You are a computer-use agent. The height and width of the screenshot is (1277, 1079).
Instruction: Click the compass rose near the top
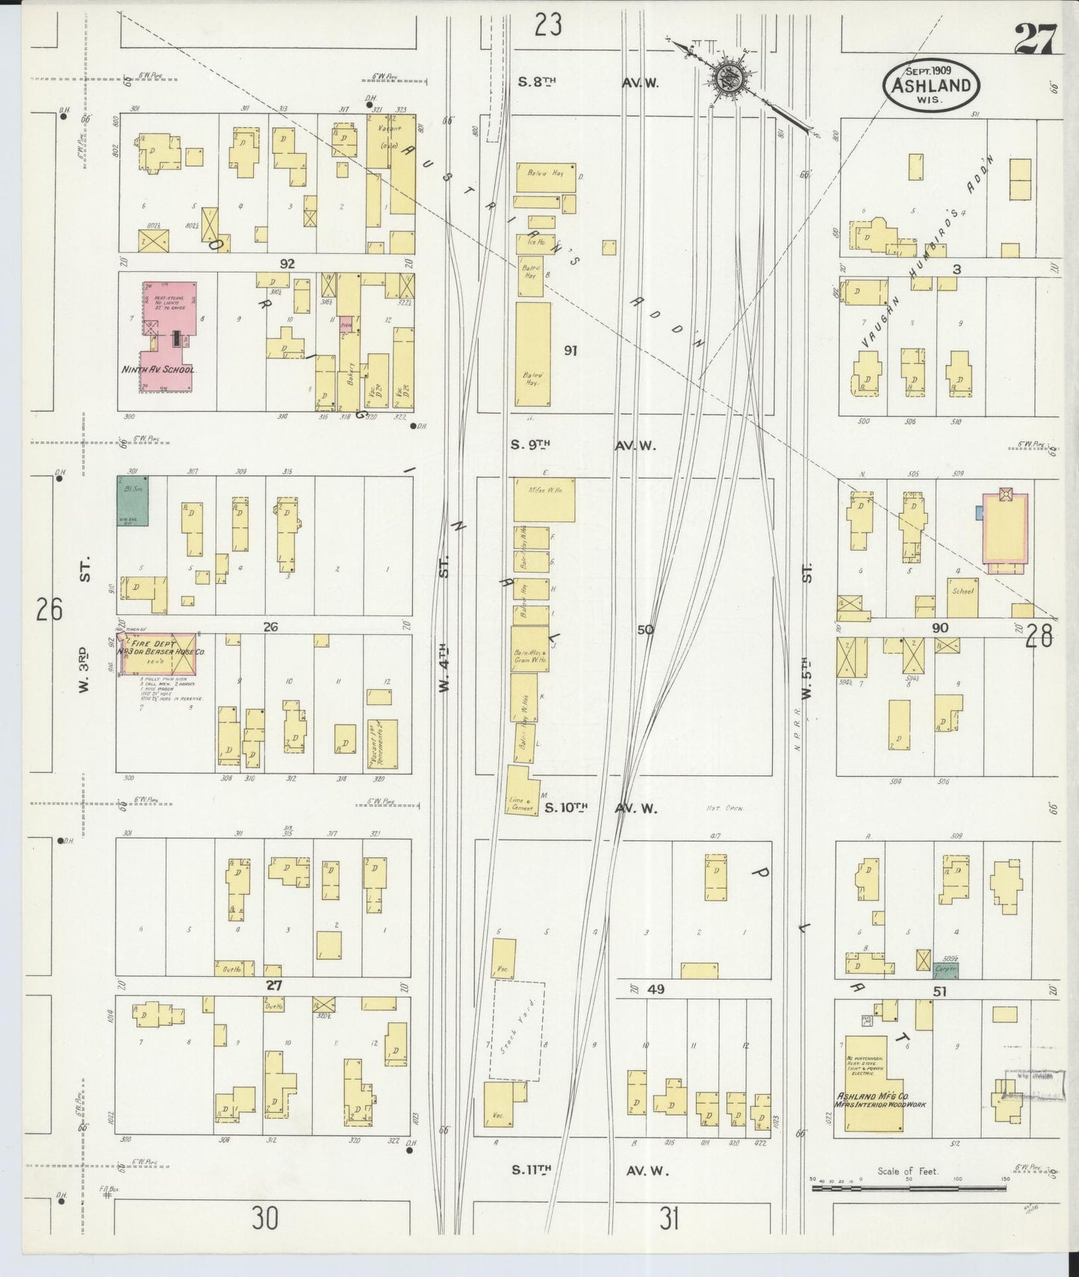(725, 78)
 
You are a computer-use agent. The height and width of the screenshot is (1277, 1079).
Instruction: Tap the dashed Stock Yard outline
(517, 1031)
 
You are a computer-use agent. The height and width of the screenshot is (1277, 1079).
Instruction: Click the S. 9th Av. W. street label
(582, 445)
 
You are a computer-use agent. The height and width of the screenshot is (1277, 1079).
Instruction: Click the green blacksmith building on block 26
(132, 500)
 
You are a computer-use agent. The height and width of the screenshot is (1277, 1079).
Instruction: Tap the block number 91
(570, 350)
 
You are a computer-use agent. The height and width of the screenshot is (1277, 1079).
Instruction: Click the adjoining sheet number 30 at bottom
(264, 1219)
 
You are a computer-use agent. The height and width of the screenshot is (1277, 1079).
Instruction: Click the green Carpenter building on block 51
(946, 969)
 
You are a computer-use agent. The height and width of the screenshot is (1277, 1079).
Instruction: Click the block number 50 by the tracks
(645, 630)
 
